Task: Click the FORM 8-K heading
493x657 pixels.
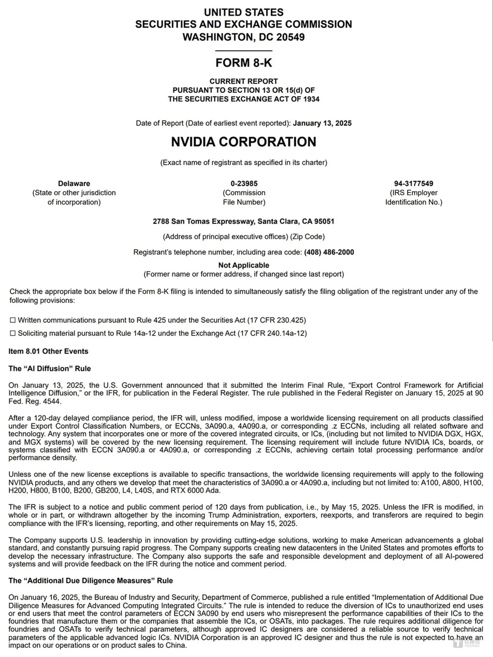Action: pyautogui.click(x=244, y=63)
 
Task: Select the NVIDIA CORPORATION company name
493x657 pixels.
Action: pyautogui.click(x=244, y=142)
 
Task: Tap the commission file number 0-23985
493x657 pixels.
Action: pyautogui.click(x=244, y=183)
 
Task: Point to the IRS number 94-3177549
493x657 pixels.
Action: pyautogui.click(x=413, y=183)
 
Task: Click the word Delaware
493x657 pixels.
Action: pyautogui.click(x=74, y=183)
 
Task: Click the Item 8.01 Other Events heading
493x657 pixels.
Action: pyautogui.click(x=48, y=351)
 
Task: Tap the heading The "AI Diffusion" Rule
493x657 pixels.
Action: pyautogui.click(x=50, y=369)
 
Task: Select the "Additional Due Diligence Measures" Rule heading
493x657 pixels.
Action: pyautogui.click(x=90, y=581)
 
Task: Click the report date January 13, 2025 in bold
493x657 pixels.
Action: pyautogui.click(x=322, y=123)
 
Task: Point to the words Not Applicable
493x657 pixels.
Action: pyautogui.click(x=244, y=265)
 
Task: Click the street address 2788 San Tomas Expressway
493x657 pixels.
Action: pyautogui.click(x=203, y=221)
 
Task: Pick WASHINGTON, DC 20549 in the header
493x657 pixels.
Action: pyautogui.click(x=244, y=37)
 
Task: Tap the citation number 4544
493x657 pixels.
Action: pyautogui.click(x=52, y=401)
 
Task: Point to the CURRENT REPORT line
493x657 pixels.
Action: pyautogui.click(x=244, y=81)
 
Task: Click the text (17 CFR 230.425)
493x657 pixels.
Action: pyautogui.click(x=277, y=320)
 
